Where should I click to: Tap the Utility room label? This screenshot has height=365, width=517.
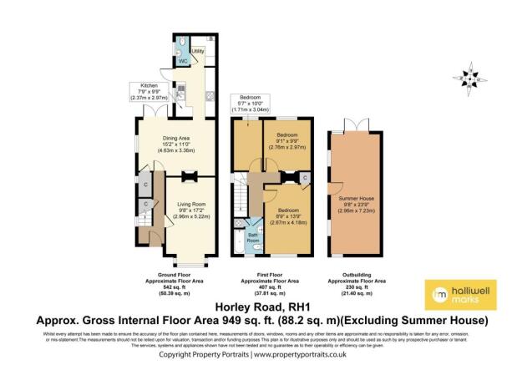pos(198,52)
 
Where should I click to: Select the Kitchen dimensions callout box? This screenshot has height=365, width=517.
pos(149,90)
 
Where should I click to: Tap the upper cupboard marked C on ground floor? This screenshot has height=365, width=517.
pos(145,185)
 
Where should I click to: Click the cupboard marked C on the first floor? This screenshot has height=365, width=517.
pos(305,177)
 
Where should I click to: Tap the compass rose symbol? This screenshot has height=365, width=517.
pos(473,77)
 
